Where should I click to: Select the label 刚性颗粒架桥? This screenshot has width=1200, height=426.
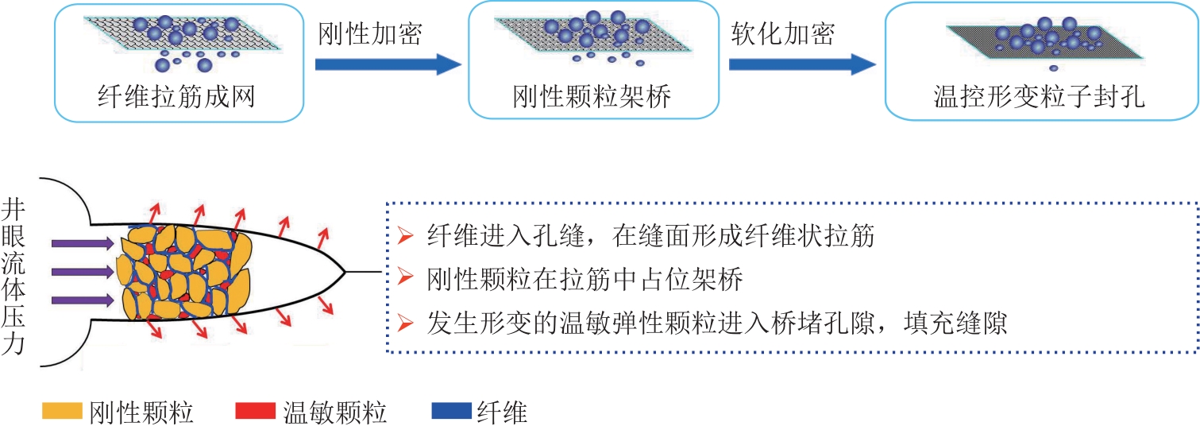[592, 98]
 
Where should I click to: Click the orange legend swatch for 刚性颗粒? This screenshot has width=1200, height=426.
[63, 411]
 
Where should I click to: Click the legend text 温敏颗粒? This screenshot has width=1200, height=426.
[334, 412]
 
